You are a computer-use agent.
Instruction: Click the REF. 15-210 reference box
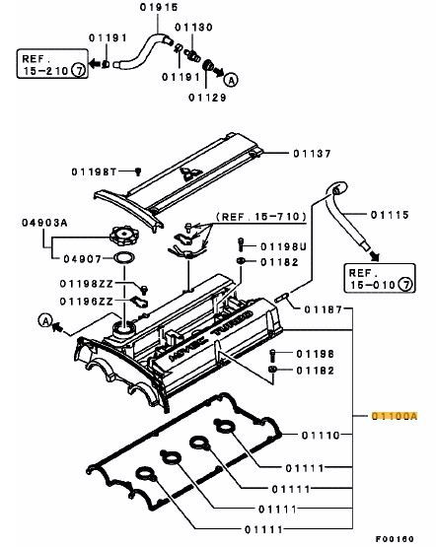[48, 65]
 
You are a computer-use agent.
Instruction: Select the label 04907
[79, 261]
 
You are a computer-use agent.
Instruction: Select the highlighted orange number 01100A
[397, 417]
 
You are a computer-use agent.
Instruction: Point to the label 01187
[323, 308]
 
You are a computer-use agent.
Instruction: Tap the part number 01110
[321, 433]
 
